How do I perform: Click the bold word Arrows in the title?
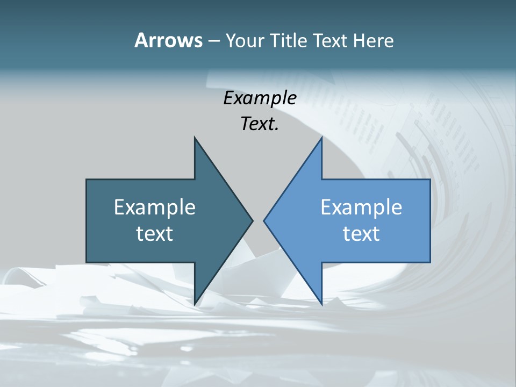pyautogui.click(x=168, y=40)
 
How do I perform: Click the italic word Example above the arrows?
pyautogui.click(x=260, y=98)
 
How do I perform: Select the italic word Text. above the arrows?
pyautogui.click(x=260, y=124)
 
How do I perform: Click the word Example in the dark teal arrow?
pyautogui.click(x=155, y=207)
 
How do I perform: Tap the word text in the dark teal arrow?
pyautogui.click(x=155, y=233)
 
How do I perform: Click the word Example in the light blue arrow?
pyautogui.click(x=361, y=207)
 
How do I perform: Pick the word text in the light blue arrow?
pyautogui.click(x=361, y=233)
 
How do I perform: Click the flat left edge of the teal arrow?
pyautogui.click(x=87, y=220)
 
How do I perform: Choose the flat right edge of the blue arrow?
pyautogui.click(x=430, y=220)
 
